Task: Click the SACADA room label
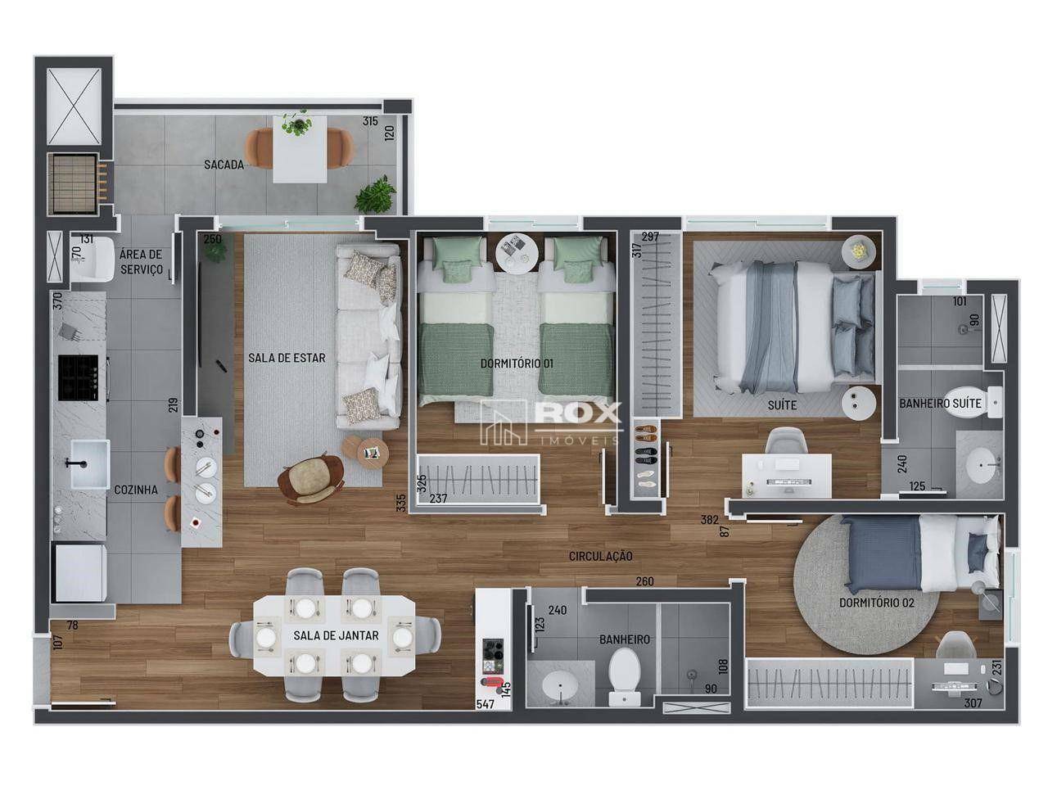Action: (x=224, y=165)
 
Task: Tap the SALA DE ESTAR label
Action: (x=287, y=358)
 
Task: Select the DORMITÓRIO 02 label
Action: (x=876, y=603)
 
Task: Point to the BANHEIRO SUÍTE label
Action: (x=940, y=404)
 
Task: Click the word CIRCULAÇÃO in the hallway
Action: (x=601, y=556)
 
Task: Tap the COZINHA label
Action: (x=136, y=490)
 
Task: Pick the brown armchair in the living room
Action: (x=309, y=479)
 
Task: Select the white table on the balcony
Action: (x=299, y=150)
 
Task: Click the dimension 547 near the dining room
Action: (x=486, y=703)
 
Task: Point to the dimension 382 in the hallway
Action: (x=709, y=519)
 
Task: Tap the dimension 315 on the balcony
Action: (x=370, y=121)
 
